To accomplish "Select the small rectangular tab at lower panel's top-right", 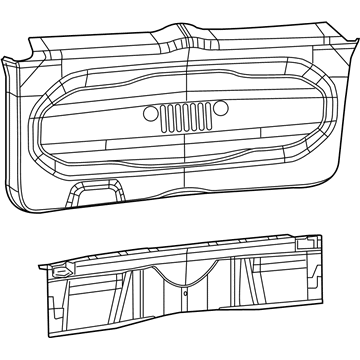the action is point(303,243).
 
